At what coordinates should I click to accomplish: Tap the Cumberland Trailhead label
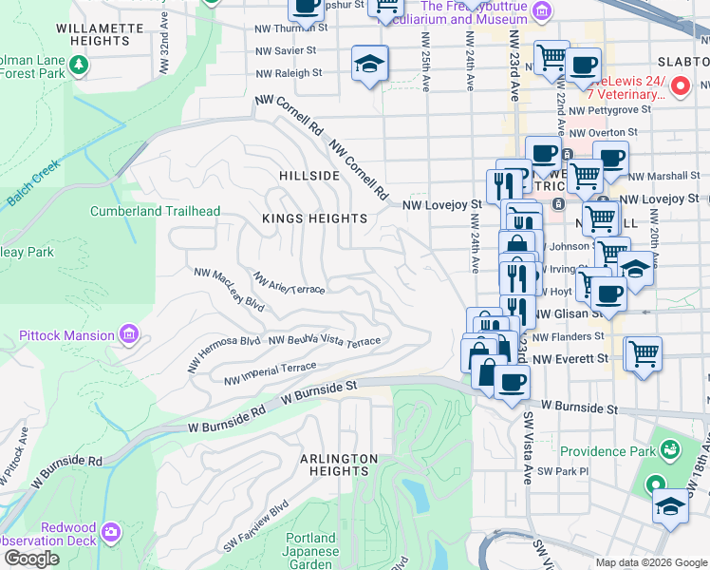click(x=156, y=211)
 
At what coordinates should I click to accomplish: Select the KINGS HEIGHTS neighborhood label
click(x=314, y=218)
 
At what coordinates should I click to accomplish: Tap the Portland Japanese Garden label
click(x=310, y=552)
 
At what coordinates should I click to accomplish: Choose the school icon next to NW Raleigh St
click(x=369, y=65)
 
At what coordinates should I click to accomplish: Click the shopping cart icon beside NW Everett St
click(x=643, y=353)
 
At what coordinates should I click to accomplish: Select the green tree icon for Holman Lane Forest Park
click(x=79, y=64)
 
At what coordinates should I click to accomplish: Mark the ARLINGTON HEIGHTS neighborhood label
click(x=334, y=465)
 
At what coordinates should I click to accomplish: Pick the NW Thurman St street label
click(x=290, y=28)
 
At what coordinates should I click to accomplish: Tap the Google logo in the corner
click(x=31, y=559)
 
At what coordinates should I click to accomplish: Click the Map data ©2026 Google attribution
click(x=651, y=562)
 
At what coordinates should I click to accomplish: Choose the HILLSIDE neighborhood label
click(x=308, y=177)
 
